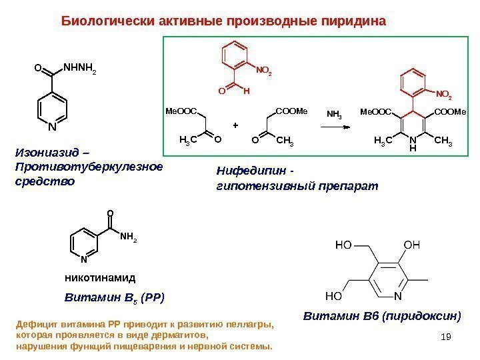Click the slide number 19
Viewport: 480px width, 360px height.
446,342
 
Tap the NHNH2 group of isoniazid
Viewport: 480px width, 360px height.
79,67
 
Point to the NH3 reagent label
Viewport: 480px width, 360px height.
335,114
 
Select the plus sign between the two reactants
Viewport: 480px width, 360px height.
235,125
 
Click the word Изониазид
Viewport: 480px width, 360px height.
43,153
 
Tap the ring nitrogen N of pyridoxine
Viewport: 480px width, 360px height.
397,293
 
